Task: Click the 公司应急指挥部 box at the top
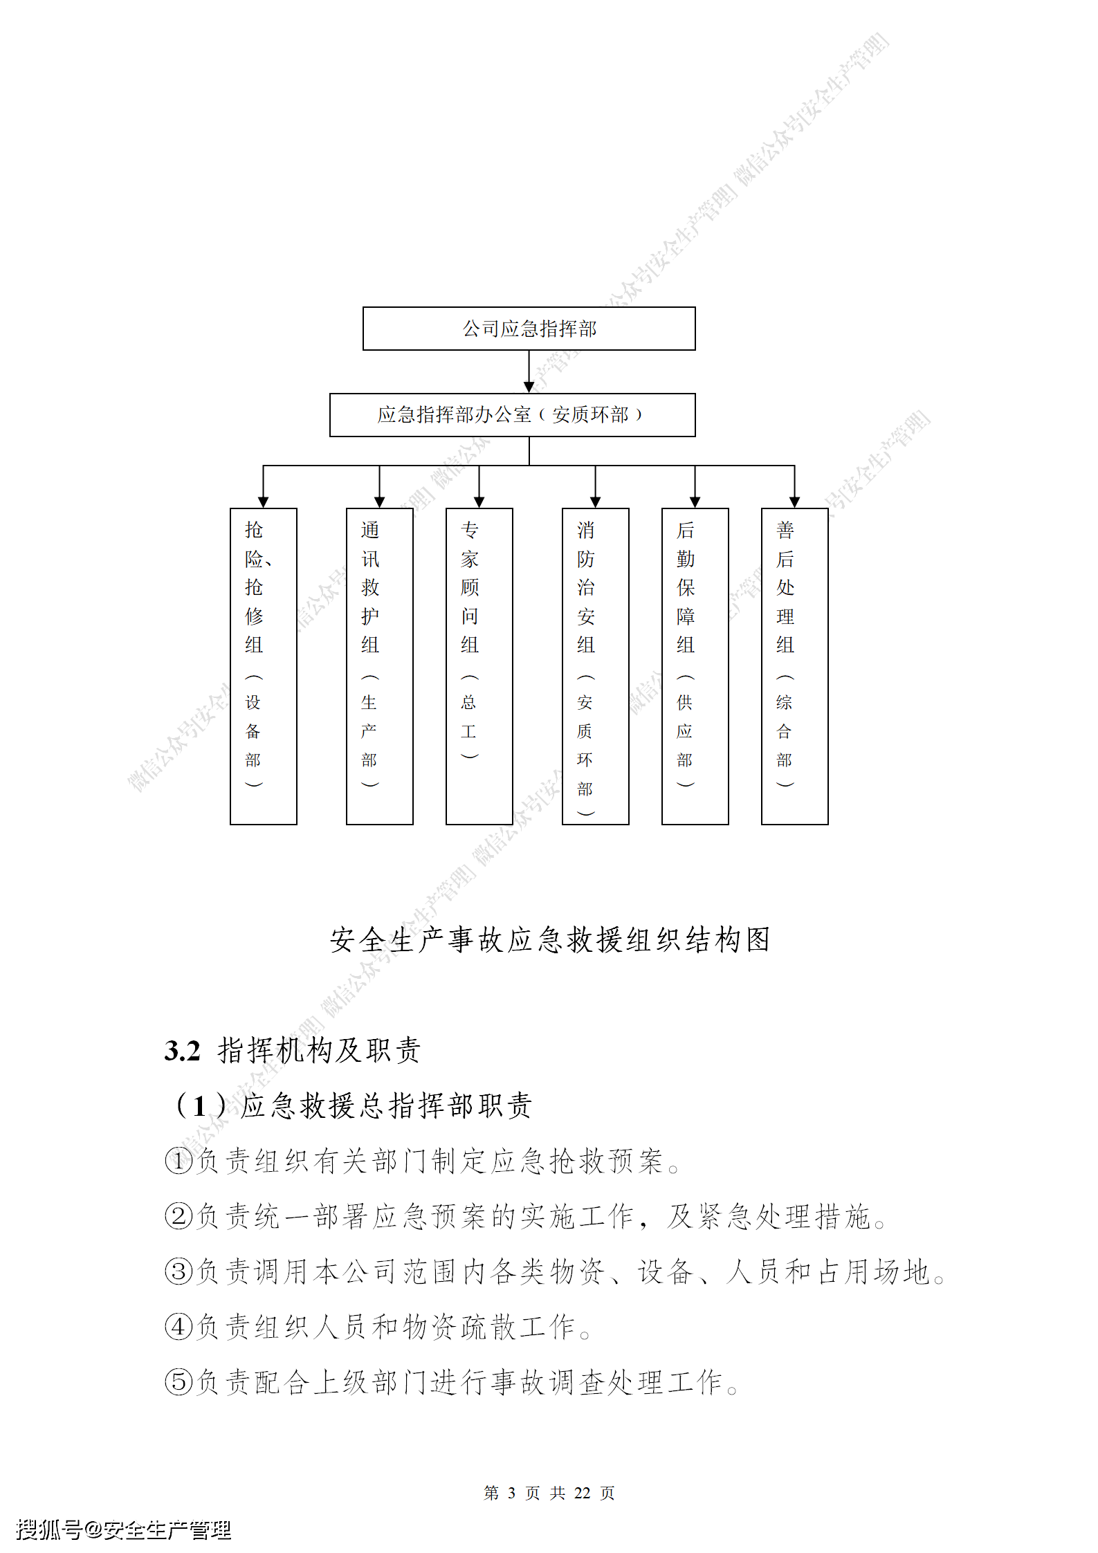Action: tap(529, 329)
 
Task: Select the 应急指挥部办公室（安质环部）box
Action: tap(512, 415)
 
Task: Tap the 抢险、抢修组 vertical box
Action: tap(263, 665)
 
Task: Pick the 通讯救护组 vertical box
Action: tap(379, 665)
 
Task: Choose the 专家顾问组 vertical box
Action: tap(479, 665)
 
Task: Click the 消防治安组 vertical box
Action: tap(595, 665)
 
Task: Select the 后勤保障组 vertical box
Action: tap(695, 665)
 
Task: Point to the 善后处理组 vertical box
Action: tap(794, 665)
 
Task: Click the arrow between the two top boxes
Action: tap(529, 372)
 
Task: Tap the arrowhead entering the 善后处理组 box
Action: tap(794, 502)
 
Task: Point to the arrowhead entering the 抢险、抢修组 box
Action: tap(263, 502)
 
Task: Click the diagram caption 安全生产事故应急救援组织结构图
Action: tap(549, 940)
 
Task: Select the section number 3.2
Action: tap(182, 1051)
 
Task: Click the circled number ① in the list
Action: tap(179, 1161)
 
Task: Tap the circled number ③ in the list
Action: tap(179, 1271)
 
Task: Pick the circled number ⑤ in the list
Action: tap(179, 1382)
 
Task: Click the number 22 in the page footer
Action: tap(582, 1493)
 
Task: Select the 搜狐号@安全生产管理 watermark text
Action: tap(123, 1529)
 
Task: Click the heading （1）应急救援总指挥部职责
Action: tap(353, 1105)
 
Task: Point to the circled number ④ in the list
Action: tap(179, 1327)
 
